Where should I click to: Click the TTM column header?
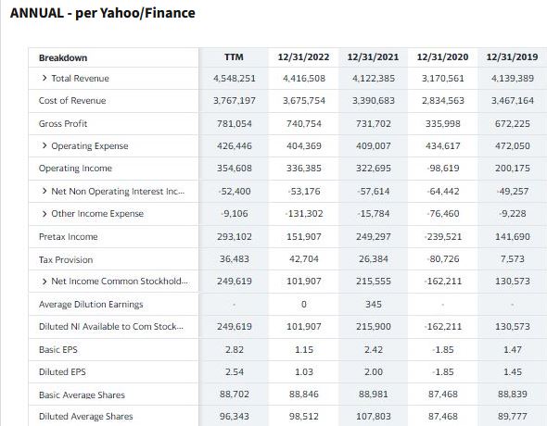234,57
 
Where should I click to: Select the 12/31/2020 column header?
442,57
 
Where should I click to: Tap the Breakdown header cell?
63,57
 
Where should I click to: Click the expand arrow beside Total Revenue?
45,78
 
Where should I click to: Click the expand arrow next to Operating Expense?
45,145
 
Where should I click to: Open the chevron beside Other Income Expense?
45,214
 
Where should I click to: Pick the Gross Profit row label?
63,124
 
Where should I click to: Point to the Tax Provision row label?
66,260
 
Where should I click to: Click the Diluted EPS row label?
62,372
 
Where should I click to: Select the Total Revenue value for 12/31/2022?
304,79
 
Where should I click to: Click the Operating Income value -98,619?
442,169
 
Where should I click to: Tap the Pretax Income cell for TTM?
234,237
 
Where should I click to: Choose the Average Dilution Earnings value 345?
374,305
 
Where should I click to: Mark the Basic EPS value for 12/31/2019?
513,349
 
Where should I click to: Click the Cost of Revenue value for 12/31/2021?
374,101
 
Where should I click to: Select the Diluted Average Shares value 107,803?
374,416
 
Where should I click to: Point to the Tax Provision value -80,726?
442,259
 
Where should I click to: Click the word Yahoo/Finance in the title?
147,13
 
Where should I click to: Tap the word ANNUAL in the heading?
37,13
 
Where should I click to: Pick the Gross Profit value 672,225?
513,124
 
